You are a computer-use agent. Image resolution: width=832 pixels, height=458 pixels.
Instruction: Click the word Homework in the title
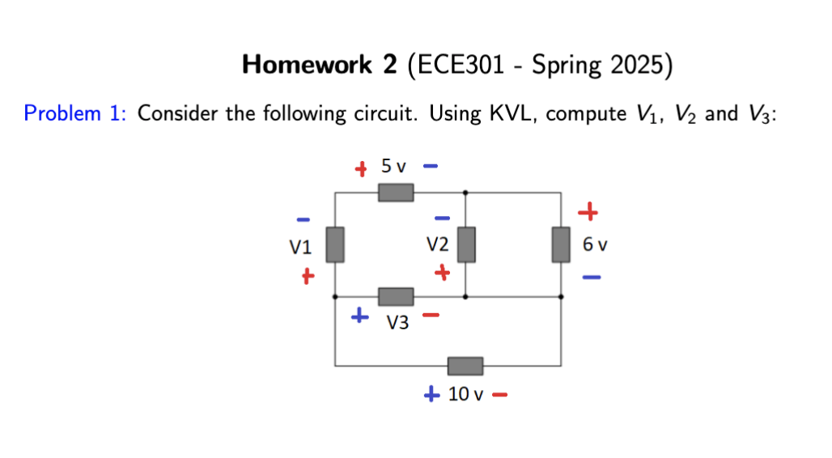point(308,65)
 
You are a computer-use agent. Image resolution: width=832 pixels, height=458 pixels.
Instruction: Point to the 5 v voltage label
point(394,167)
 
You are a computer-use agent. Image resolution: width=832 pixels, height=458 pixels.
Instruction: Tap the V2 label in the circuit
point(438,244)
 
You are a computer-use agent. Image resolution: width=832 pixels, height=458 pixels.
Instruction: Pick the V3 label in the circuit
point(397,324)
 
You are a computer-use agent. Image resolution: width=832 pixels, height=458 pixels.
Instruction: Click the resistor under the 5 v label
point(397,193)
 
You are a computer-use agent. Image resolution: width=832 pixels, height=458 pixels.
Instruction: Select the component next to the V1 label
point(335,244)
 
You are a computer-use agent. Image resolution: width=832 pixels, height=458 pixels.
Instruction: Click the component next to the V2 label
point(465,244)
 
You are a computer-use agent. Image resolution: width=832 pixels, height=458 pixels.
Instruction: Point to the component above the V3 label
point(397,297)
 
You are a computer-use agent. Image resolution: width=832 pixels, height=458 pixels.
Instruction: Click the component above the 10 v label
point(465,366)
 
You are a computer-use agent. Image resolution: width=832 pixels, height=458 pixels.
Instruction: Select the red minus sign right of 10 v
point(499,396)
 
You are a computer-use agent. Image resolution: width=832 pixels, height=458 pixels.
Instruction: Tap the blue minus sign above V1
point(303,218)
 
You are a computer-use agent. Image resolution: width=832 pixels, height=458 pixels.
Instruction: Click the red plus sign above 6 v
point(588,213)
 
